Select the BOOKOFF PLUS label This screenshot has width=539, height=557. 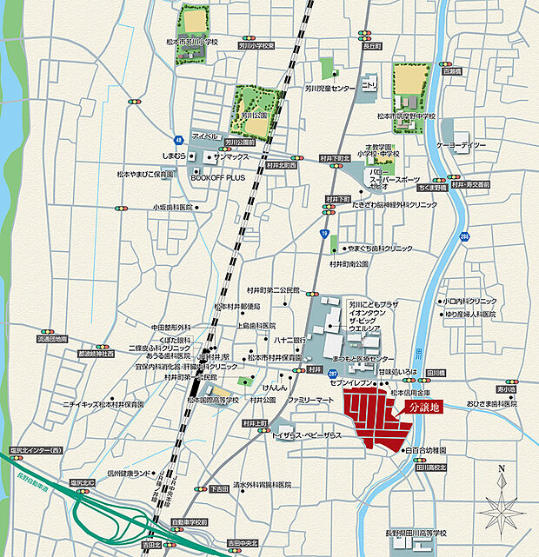pyautogui.click(x=217, y=176)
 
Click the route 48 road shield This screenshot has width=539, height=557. pyautogui.click(x=178, y=139)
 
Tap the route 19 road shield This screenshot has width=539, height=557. pyautogui.click(x=324, y=234)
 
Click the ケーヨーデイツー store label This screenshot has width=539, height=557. pyautogui.click(x=461, y=144)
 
